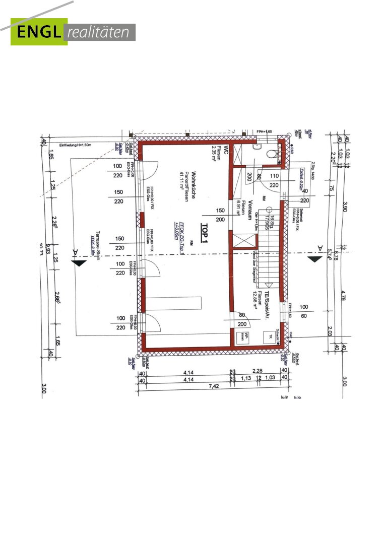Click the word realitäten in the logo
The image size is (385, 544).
point(100,33)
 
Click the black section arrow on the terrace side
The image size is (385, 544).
point(79,262)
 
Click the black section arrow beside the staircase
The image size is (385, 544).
point(315,258)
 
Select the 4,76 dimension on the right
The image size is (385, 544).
point(344,295)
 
